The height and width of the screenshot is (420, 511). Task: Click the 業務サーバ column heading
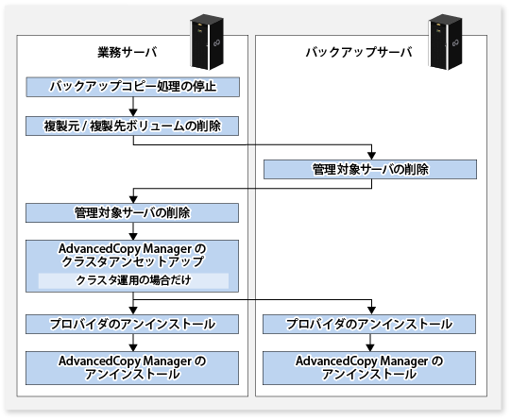[x=128, y=53]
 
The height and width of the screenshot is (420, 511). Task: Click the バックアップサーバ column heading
[x=359, y=53]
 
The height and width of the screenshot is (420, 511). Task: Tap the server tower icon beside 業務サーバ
[x=207, y=42]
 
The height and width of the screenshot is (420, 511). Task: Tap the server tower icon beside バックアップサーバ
[x=445, y=42]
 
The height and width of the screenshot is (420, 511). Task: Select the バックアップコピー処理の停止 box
[x=132, y=87]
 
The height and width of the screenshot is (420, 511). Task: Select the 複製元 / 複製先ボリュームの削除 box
[x=132, y=126]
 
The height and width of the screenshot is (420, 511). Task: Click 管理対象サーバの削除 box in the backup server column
[x=370, y=169]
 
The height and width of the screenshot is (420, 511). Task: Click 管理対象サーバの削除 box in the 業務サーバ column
[x=132, y=213]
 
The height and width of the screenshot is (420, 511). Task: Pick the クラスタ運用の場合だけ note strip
[x=133, y=280]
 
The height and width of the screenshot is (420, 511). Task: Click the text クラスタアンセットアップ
[x=132, y=262]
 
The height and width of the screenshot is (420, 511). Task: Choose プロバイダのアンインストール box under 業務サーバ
[x=132, y=324]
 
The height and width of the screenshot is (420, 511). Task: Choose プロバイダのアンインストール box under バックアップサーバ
[x=369, y=324]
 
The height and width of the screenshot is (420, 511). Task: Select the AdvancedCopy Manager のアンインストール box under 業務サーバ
[x=132, y=368]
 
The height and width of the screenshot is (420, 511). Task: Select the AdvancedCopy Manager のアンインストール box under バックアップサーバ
[x=369, y=368]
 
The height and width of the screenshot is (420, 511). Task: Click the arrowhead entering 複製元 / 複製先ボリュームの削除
[x=133, y=112]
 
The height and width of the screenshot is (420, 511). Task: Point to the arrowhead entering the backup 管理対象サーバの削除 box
[x=371, y=156]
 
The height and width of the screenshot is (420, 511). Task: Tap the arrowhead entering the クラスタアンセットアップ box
[x=133, y=236]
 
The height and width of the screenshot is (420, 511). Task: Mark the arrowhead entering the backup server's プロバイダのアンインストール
[x=371, y=311]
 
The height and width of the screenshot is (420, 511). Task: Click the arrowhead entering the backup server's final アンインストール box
[x=370, y=347]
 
